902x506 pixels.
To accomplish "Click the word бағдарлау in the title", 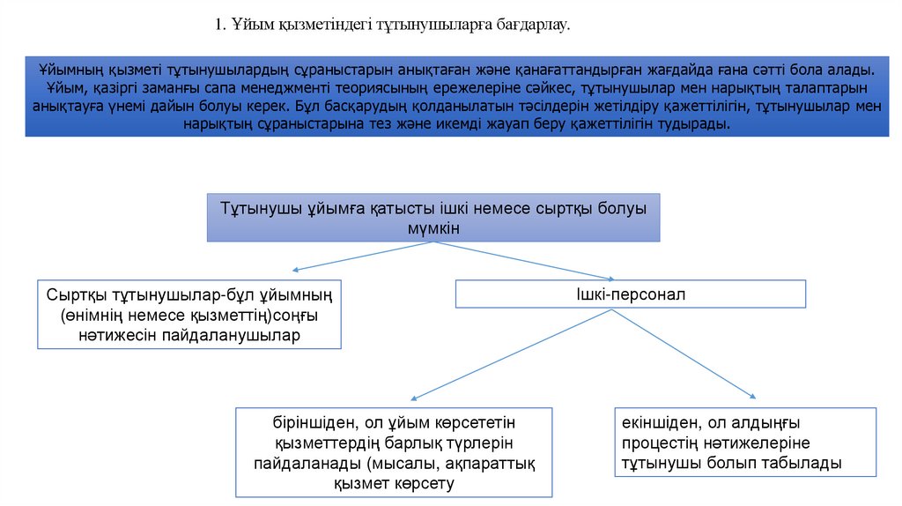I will click(534, 26).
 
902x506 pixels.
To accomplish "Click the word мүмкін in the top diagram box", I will click(433, 227).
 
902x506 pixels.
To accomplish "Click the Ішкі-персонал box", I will click(630, 294).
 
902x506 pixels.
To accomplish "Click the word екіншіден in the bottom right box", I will click(661, 422).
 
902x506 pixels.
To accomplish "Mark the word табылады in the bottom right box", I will click(803, 463).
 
